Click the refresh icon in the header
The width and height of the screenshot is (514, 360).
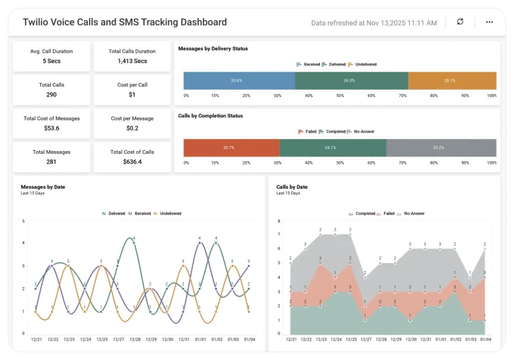pyautogui.click(x=460, y=21)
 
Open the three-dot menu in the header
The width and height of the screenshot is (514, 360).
pyautogui.click(x=489, y=21)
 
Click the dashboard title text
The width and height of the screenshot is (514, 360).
pyautogui.click(x=124, y=22)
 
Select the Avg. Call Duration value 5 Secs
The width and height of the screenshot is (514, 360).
pyautogui.click(x=52, y=61)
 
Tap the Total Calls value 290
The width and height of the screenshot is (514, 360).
pyautogui.click(x=52, y=95)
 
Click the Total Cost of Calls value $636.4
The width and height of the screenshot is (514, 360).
pyautogui.click(x=132, y=161)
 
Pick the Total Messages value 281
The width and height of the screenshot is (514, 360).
pyautogui.click(x=52, y=161)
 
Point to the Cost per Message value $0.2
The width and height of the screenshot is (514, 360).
pyautogui.click(x=132, y=128)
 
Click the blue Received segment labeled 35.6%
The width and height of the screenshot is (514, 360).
pyautogui.click(x=239, y=80)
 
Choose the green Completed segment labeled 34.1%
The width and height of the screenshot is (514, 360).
pyautogui.click(x=333, y=147)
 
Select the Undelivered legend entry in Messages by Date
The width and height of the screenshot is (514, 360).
pyautogui.click(x=170, y=213)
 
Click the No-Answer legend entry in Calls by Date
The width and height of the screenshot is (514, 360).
pyautogui.click(x=413, y=213)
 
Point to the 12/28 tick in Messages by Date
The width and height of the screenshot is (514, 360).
pyautogui.click(x=135, y=339)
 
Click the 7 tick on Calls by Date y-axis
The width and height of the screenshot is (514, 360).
pyautogui.click(x=278, y=234)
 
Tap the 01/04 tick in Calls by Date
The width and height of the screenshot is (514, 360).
pyautogui.click(x=485, y=339)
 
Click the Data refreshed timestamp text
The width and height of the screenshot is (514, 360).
pyautogui.click(x=373, y=23)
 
